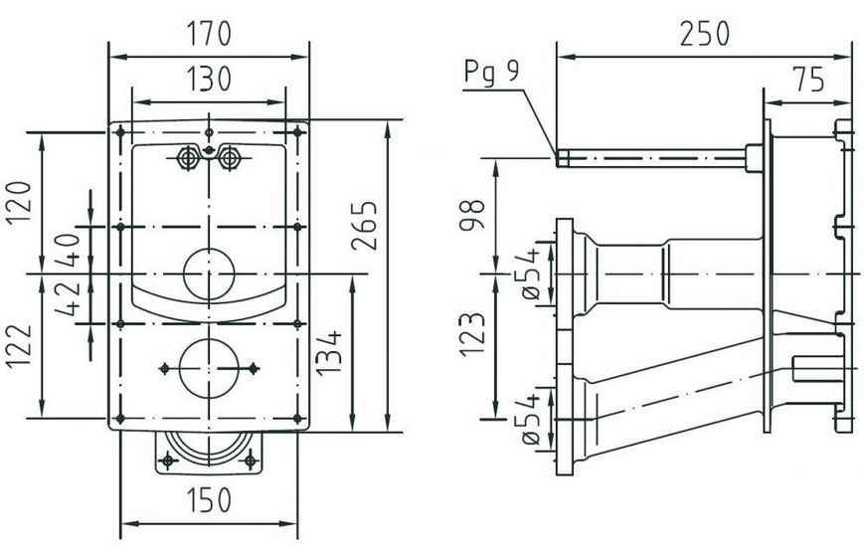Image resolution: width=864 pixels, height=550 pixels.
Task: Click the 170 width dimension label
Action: click(208, 34)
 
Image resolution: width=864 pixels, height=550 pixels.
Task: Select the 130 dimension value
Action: click(208, 79)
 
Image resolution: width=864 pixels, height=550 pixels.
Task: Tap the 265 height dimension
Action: click(365, 226)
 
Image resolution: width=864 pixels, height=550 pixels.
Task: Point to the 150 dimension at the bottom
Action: click(208, 501)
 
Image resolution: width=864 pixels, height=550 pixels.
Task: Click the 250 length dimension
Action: click(704, 34)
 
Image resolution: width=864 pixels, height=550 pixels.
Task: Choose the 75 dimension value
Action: click(808, 79)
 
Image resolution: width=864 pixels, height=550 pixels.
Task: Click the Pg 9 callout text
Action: click(491, 72)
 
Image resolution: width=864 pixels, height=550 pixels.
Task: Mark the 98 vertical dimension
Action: click(473, 214)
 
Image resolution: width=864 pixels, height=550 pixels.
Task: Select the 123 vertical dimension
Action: click(473, 335)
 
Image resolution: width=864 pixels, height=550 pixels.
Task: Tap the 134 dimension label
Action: click(328, 353)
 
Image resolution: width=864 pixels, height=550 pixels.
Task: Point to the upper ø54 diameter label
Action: click(532, 274)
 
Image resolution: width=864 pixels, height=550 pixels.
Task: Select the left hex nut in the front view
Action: click(187, 159)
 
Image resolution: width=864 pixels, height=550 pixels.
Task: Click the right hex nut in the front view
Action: click(229, 159)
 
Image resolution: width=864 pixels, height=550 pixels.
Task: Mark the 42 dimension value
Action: click(70, 298)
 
